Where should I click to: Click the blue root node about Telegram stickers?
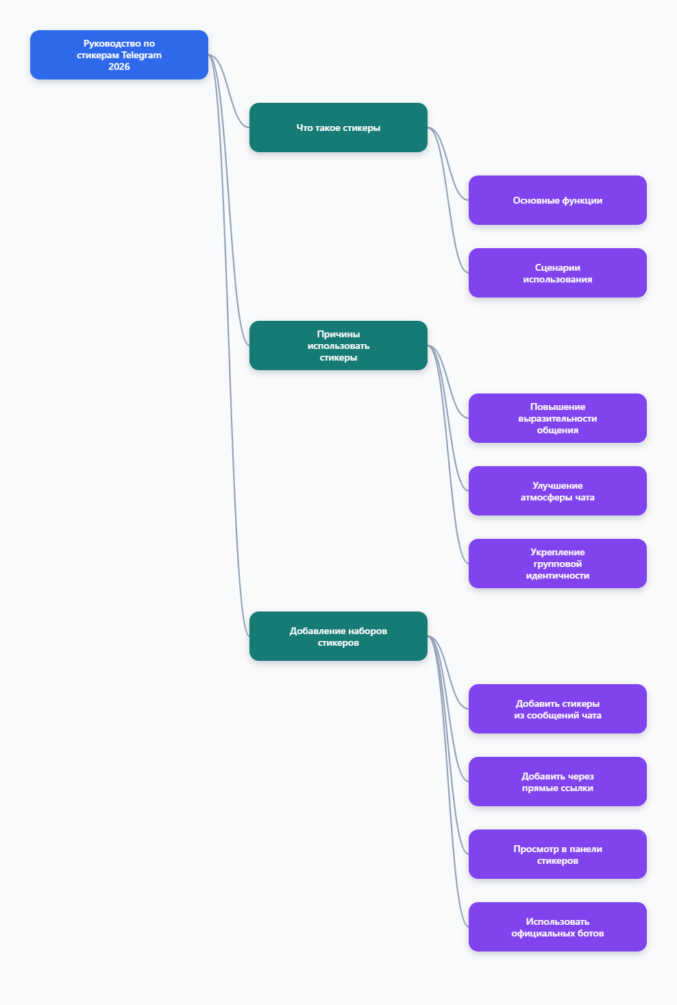[x=119, y=55]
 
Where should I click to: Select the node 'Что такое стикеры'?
[x=338, y=128]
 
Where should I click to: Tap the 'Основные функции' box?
[x=557, y=200]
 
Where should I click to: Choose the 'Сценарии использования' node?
[x=557, y=273]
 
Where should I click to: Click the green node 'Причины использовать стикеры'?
[x=338, y=346]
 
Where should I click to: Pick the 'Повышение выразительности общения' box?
[x=557, y=418]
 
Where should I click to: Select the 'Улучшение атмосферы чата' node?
[x=557, y=491]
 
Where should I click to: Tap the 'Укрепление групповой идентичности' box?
[x=557, y=564]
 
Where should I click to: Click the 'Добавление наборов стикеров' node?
[x=338, y=636]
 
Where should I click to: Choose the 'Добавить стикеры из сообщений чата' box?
[x=557, y=709]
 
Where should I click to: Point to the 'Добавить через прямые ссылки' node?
[x=557, y=782]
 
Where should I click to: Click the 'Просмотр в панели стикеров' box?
[x=557, y=854]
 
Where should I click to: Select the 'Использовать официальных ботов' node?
[x=557, y=927]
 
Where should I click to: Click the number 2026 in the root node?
[x=119, y=66]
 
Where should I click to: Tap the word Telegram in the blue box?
[x=141, y=55]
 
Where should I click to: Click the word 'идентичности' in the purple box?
[x=557, y=575]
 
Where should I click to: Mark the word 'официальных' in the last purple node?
[x=539, y=933]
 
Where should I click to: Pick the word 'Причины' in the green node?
[x=338, y=335]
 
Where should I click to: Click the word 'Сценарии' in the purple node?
[x=557, y=267]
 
